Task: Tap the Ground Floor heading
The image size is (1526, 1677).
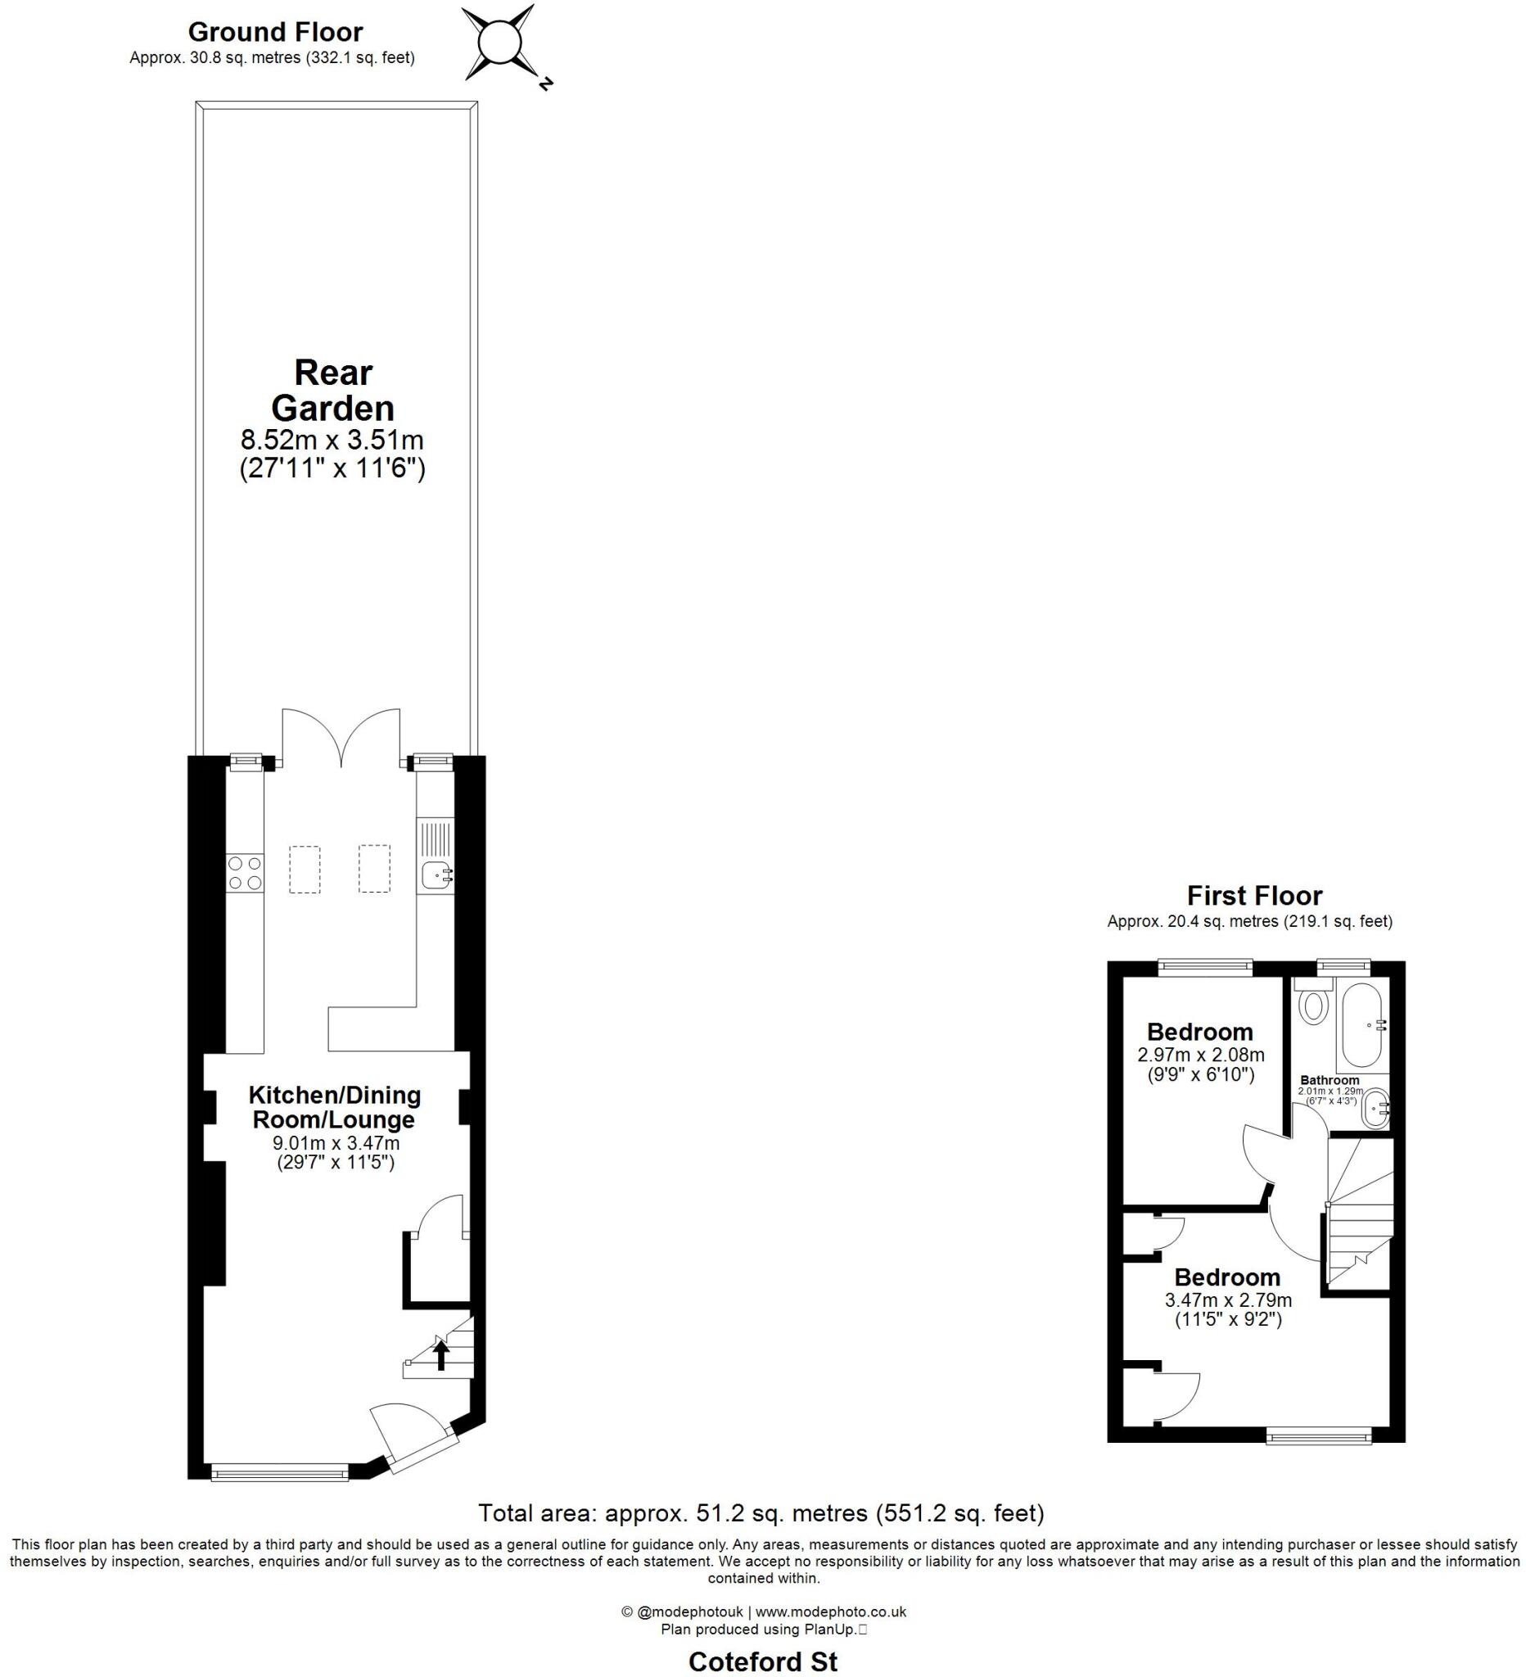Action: (275, 32)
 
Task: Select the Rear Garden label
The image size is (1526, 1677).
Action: (332, 390)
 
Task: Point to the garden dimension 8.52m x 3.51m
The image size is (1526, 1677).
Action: (332, 438)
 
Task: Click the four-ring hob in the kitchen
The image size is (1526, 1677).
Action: (245, 873)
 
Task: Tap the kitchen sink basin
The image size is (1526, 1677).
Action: (436, 875)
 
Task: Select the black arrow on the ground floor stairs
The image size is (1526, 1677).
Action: (441, 1356)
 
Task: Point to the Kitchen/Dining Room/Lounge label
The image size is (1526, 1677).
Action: (333, 1106)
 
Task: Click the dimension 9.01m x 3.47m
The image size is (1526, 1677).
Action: (336, 1143)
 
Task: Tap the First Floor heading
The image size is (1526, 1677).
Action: (1253, 895)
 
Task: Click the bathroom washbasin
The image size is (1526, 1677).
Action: (1375, 1108)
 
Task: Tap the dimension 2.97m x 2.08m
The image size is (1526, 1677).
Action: (1200, 1055)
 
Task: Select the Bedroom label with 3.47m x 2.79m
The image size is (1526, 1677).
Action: (1226, 1276)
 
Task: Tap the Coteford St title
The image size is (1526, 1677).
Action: (762, 1661)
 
